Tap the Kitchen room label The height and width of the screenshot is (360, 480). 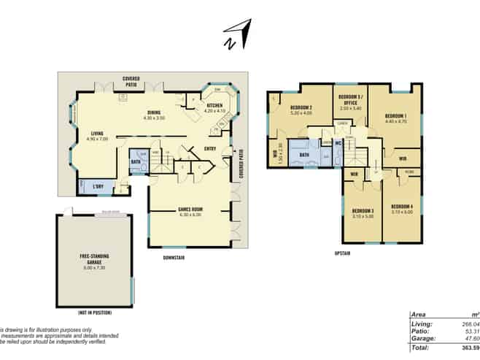[214, 107]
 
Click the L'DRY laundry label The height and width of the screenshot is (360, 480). [99, 186]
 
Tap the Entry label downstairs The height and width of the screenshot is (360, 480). [210, 149]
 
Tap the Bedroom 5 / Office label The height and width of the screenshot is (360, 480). [350, 100]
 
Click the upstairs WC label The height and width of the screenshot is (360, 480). [338, 144]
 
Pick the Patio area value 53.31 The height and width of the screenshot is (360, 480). [462, 331]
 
